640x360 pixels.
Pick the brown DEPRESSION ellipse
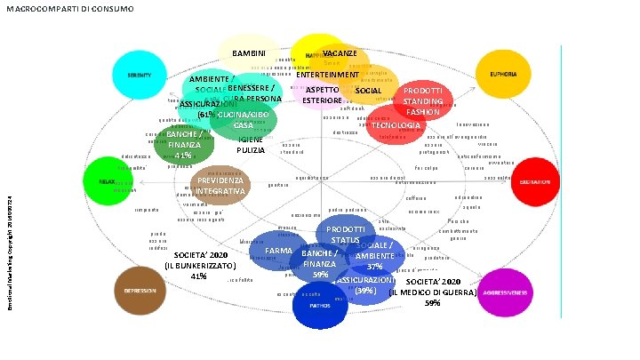click(x=140, y=292)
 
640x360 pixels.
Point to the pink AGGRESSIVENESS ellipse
click(x=502, y=292)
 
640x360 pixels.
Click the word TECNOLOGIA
click(x=396, y=125)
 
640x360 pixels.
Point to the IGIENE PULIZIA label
click(x=252, y=146)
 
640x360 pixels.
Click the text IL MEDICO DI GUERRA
click(x=433, y=292)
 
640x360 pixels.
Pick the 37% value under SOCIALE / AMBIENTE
click(x=374, y=267)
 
